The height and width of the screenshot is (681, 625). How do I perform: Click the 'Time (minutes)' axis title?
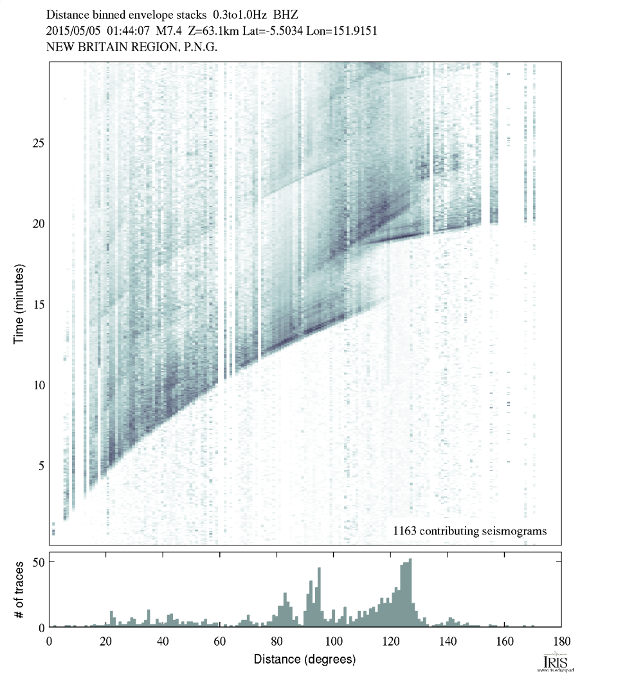[x=19, y=302]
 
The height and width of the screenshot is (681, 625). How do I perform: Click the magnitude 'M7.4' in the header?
[x=163, y=31]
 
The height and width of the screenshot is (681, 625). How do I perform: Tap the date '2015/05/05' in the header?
[x=73, y=31]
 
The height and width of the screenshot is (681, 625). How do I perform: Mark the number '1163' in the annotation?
[x=408, y=531]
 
